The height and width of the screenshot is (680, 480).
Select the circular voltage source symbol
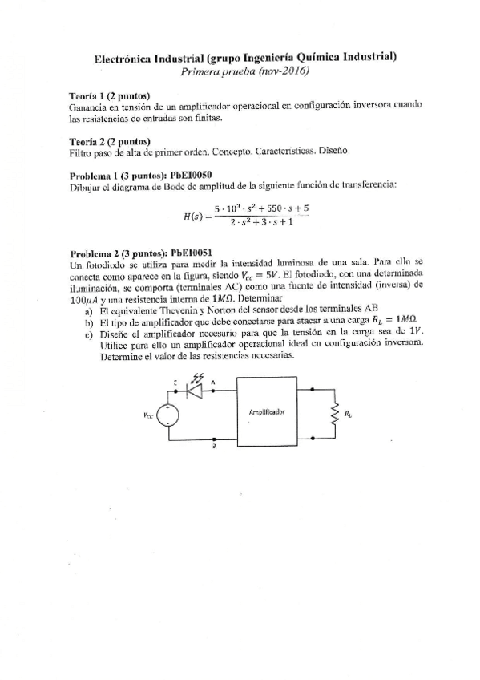(167, 415)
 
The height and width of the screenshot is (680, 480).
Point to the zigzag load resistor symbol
(331, 414)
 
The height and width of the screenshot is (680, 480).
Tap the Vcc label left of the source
(147, 415)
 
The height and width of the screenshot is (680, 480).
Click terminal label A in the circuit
(212, 382)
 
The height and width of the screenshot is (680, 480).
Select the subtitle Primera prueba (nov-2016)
(245, 71)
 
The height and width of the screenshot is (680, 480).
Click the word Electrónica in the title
(121, 58)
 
